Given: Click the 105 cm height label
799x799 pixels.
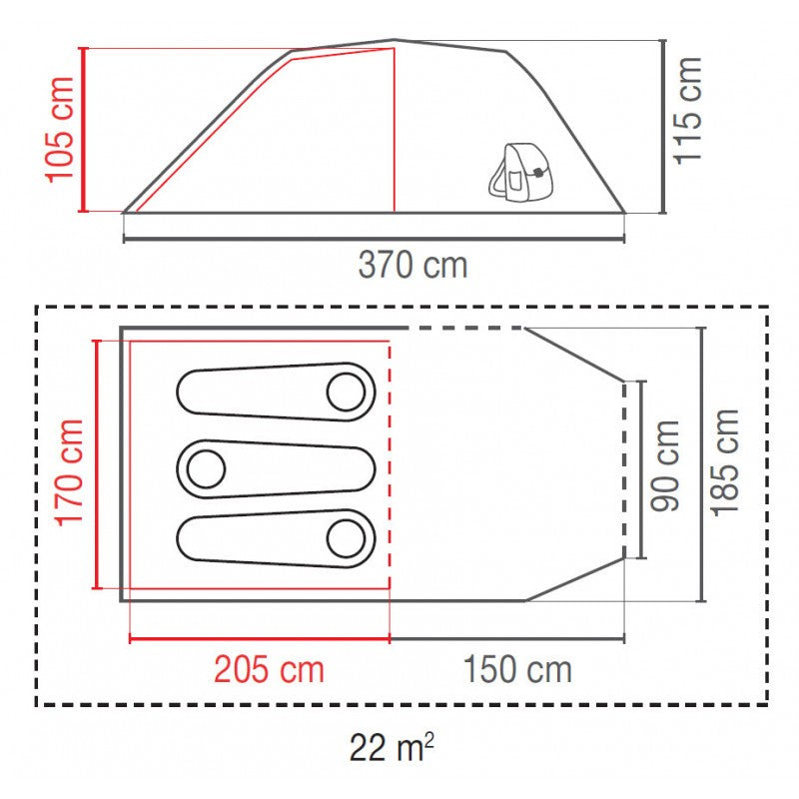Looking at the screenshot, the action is tap(60, 130).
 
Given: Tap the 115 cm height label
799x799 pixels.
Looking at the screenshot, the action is tap(688, 111).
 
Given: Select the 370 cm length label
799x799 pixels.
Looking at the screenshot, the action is tap(412, 265).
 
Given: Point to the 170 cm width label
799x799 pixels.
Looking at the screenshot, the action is tap(69, 472).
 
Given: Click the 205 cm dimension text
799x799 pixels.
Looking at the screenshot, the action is tap(269, 669).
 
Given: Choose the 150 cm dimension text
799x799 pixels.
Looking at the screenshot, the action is tap(517, 669).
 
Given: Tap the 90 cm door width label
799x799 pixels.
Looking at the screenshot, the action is tap(665, 465).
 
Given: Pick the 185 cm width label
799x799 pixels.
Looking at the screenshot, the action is tap(725, 462).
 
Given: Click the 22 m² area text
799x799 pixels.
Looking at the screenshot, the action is tap(392, 747).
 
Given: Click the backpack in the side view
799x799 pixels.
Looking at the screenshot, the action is tap(520, 172).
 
